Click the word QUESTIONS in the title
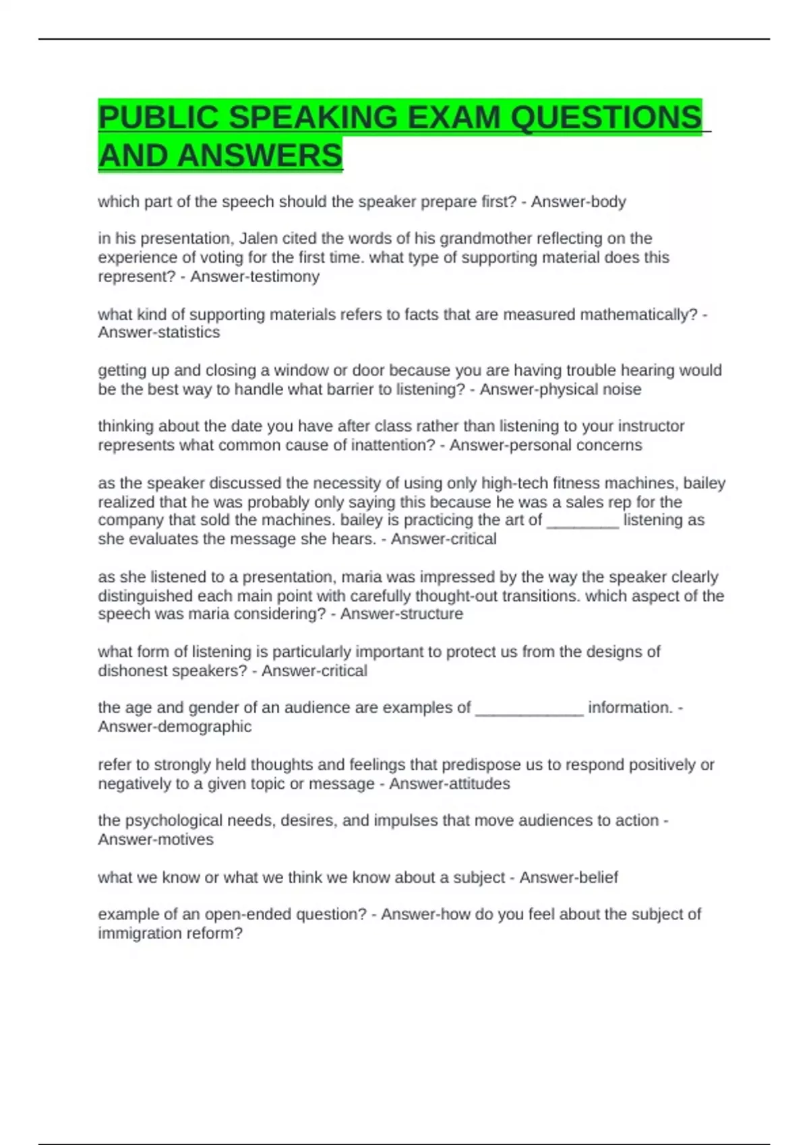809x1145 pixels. tap(605, 118)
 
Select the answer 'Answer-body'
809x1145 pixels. tap(578, 202)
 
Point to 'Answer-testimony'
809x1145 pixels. tap(255, 277)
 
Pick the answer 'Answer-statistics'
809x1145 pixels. tap(159, 333)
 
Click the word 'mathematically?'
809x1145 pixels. tap(638, 315)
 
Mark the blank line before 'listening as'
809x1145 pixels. tap(582, 521)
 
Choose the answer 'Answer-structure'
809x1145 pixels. tap(402, 614)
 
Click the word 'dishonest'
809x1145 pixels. tap(133, 671)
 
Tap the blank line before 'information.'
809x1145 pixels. tap(529, 708)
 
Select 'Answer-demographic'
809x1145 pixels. tap(175, 727)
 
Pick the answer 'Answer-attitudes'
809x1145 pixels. tap(450, 784)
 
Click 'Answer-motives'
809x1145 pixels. tap(156, 840)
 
